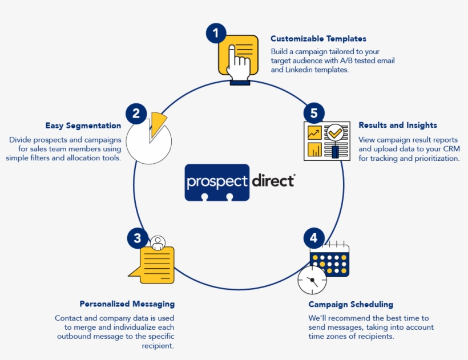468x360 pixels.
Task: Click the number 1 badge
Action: point(215,34)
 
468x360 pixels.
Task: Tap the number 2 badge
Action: point(136,113)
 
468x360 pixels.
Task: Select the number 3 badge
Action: point(137,237)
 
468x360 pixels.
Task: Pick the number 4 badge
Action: point(313,237)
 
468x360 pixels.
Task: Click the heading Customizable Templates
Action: point(318,39)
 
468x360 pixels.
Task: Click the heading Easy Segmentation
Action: point(83,126)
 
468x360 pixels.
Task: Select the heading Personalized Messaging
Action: point(127,304)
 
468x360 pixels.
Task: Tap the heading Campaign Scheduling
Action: point(350,305)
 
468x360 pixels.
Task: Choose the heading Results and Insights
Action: point(397,125)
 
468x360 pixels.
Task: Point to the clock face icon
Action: point(312,280)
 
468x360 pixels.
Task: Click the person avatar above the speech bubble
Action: point(158,242)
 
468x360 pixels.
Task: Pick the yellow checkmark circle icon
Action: point(334,132)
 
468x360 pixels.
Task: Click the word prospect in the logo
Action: point(217,181)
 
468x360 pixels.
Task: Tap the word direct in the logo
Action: point(272,181)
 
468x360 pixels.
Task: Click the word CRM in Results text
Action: point(449,149)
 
